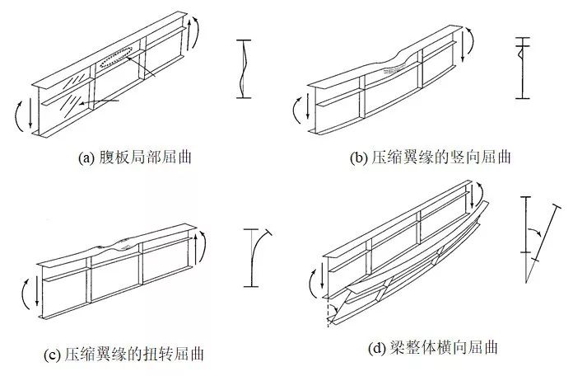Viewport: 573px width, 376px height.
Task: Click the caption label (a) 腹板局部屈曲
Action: coord(135,157)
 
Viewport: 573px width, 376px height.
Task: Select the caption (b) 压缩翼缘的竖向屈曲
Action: coord(430,157)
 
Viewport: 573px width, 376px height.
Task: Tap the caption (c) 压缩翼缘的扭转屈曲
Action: coord(123,355)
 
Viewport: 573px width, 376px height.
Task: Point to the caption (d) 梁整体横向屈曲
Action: coord(433,347)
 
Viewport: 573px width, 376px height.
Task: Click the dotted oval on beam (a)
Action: coord(116,57)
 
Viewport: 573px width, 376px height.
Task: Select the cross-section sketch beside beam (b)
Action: coord(523,68)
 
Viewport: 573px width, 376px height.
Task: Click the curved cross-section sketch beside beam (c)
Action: coord(257,258)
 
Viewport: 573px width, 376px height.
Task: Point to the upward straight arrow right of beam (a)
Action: coord(189,35)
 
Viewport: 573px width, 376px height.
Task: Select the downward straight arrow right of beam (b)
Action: coord(463,47)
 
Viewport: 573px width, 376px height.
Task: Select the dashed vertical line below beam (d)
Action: coord(328,313)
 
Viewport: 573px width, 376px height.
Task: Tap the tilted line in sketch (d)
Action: coord(542,243)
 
